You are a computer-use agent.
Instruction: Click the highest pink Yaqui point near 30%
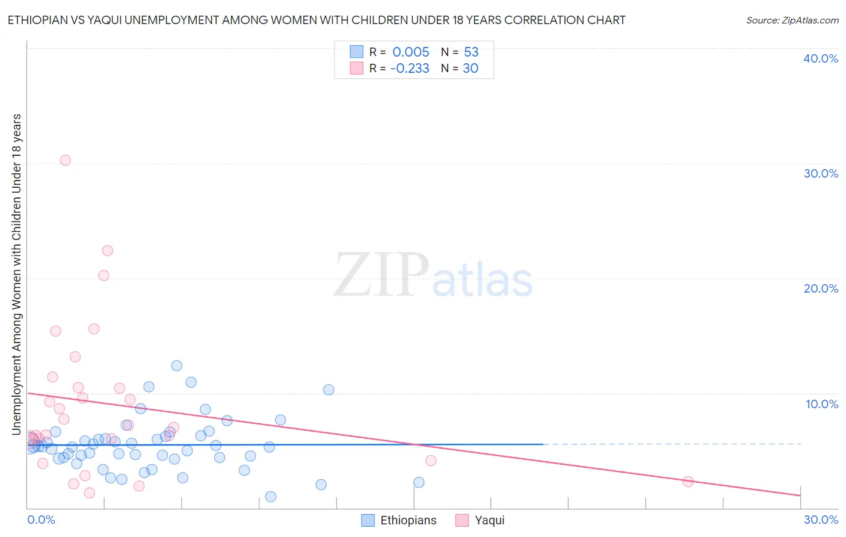(x=66, y=160)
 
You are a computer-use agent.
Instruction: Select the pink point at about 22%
(x=108, y=250)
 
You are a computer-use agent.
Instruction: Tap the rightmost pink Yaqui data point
(x=688, y=482)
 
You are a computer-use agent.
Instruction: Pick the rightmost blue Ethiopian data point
(x=419, y=482)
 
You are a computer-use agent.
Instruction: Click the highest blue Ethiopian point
(x=177, y=365)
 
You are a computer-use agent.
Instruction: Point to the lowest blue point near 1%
(x=271, y=497)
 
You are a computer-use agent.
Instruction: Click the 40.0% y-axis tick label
(x=821, y=58)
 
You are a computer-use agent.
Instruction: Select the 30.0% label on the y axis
(x=821, y=173)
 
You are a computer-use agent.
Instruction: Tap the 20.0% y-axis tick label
(x=821, y=288)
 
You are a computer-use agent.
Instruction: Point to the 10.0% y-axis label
(x=822, y=404)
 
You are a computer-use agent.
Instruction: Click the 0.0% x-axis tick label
(x=41, y=520)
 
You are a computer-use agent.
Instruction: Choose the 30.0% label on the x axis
(x=821, y=520)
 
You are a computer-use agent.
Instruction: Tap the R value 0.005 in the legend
(x=411, y=52)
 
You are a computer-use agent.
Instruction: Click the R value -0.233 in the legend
(x=410, y=68)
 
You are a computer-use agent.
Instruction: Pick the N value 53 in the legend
(x=471, y=52)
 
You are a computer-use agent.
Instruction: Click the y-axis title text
(x=16, y=274)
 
